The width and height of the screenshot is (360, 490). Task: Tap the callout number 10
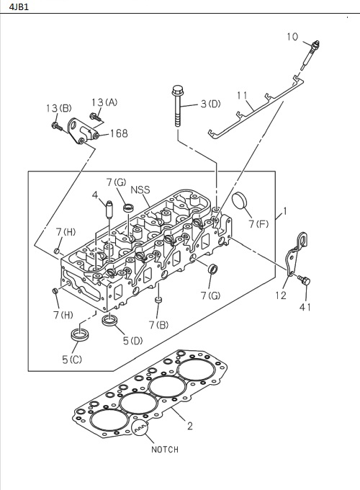(292, 36)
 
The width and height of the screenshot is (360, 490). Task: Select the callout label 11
(242, 94)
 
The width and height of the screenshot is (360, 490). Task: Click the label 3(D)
(210, 104)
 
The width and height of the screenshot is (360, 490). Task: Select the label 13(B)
(58, 108)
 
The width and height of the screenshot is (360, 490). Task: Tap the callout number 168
(118, 133)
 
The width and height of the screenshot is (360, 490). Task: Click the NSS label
(140, 190)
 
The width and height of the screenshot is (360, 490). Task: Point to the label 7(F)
(259, 224)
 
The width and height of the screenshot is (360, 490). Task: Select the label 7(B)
(159, 324)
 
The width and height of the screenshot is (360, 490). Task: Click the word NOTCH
(164, 450)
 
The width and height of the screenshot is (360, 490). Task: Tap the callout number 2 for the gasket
(189, 426)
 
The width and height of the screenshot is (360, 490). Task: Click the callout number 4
(94, 195)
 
